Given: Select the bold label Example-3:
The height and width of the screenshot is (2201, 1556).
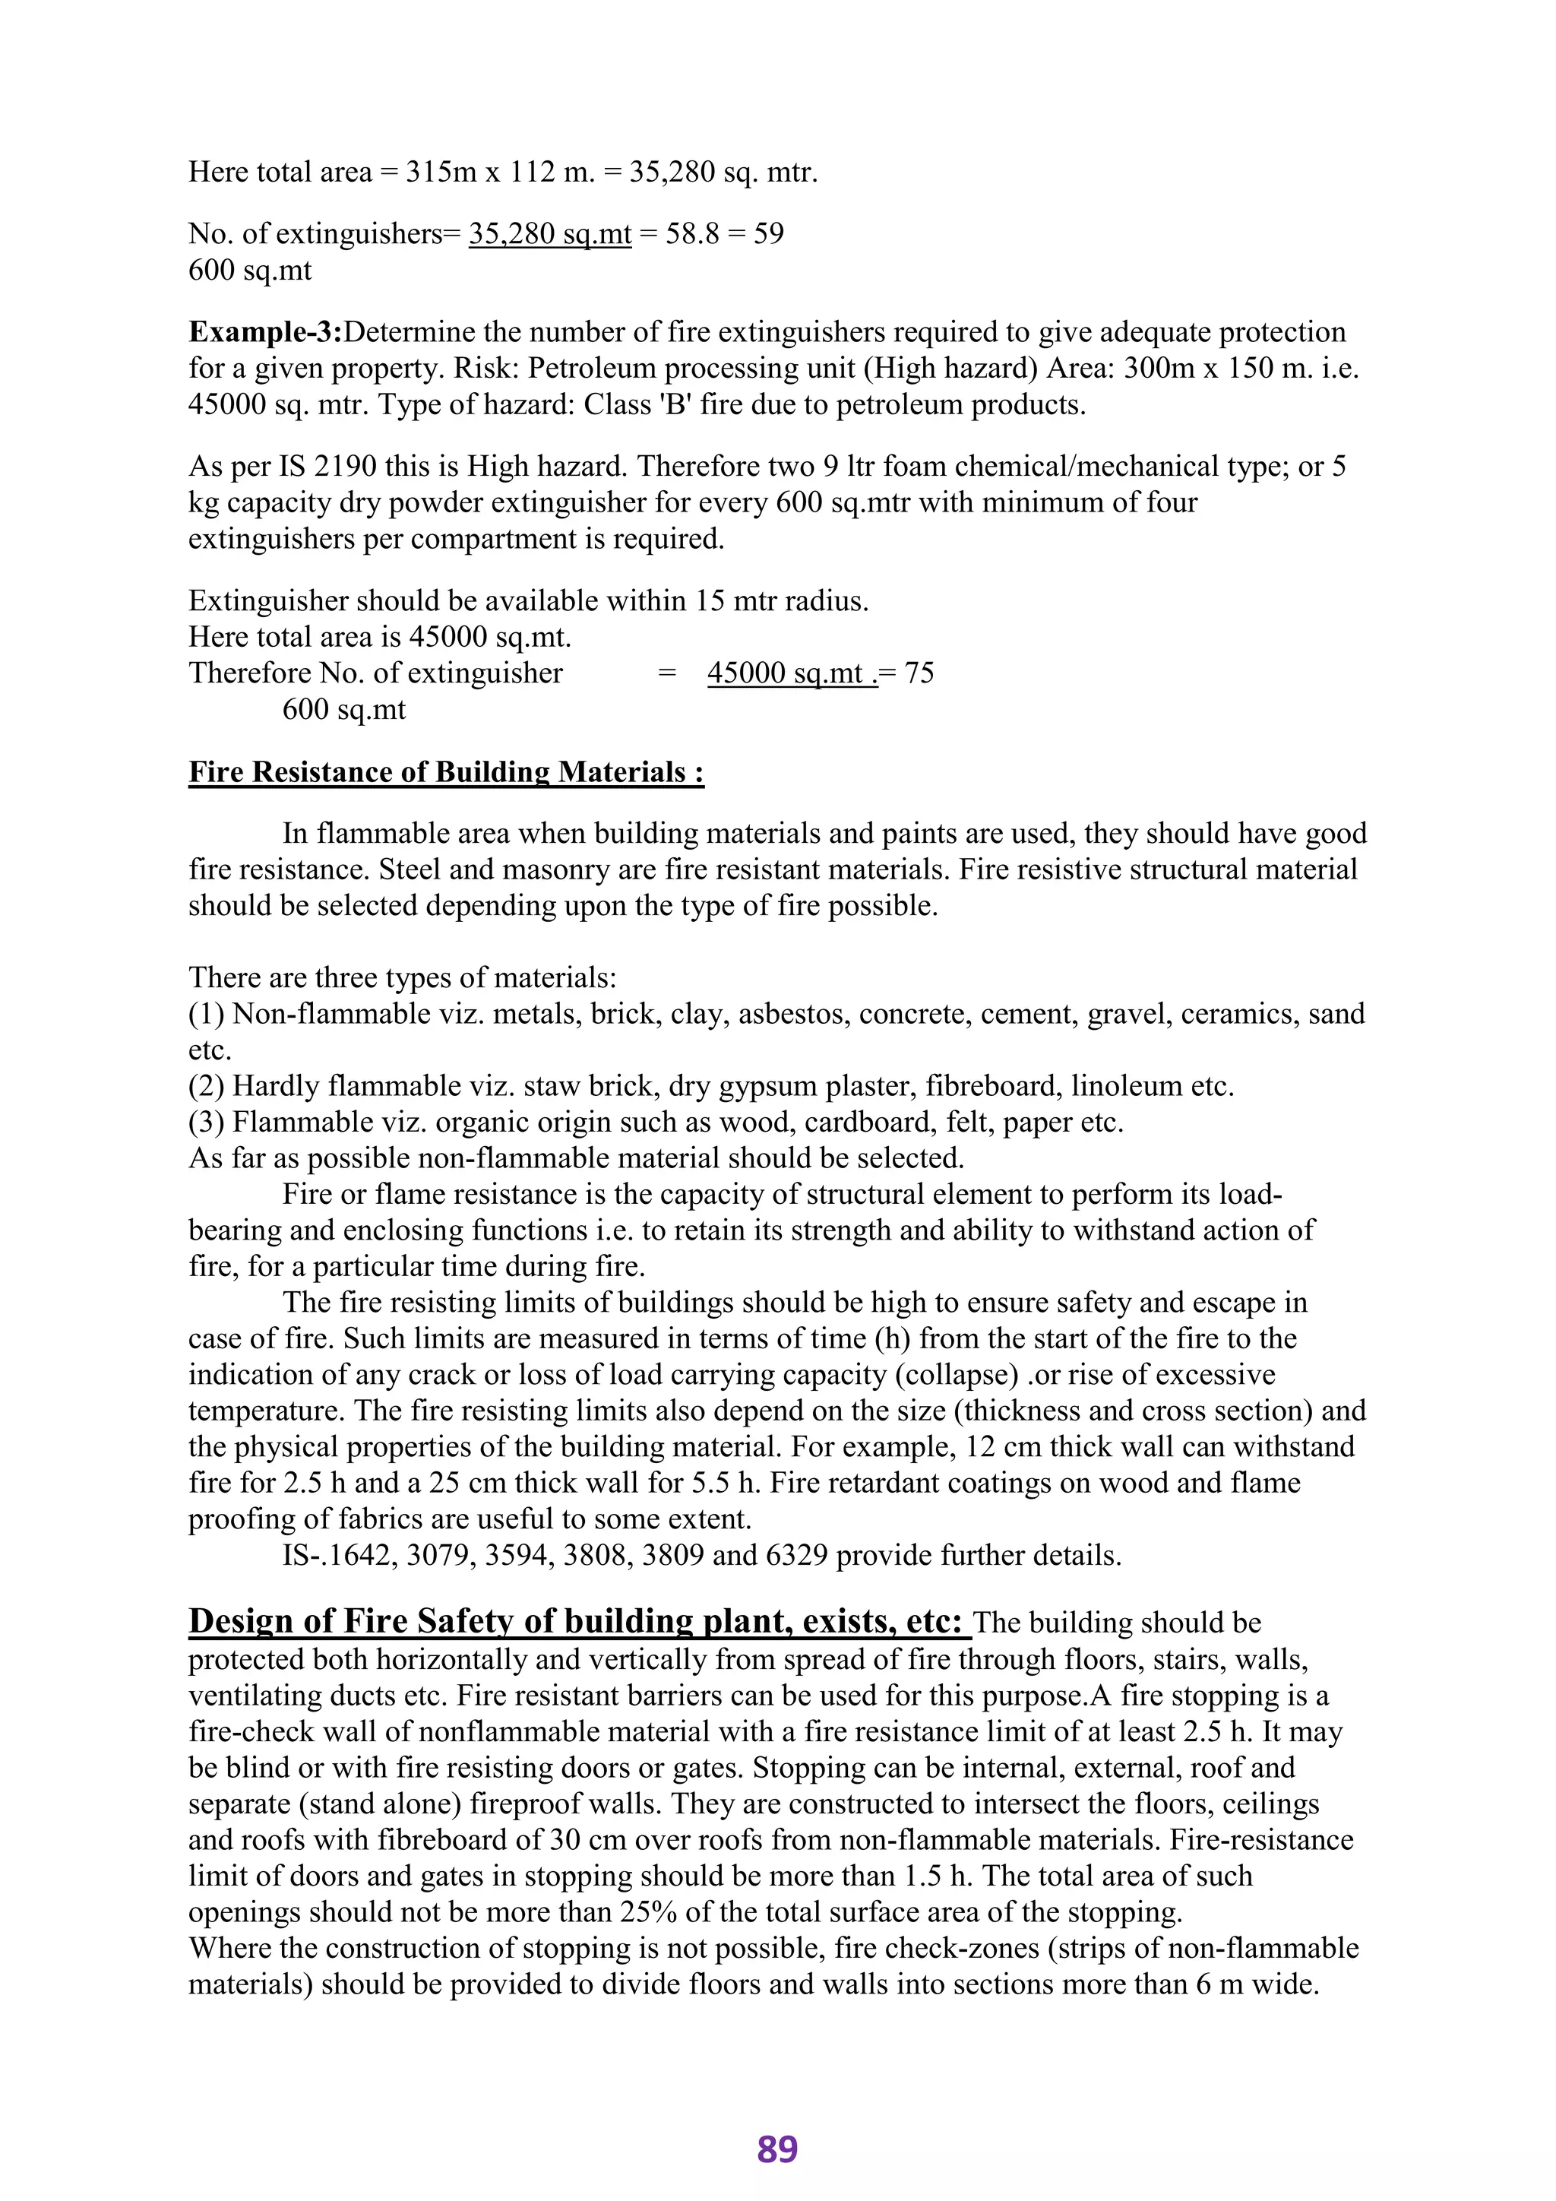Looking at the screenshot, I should [x=264, y=333].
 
